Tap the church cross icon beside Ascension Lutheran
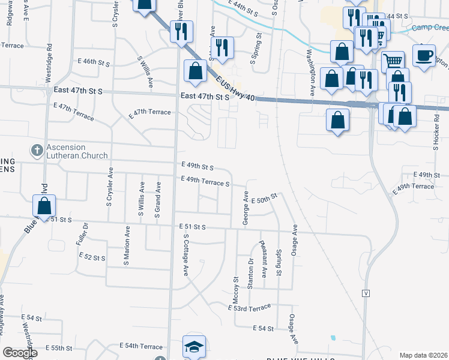coord(36,148)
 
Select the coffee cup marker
coord(424,56)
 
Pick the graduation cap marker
coord(194,347)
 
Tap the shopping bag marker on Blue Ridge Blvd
coord(45,205)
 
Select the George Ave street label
coord(246,209)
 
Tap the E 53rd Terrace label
coord(250,307)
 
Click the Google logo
coord(19,353)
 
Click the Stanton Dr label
coord(250,272)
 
